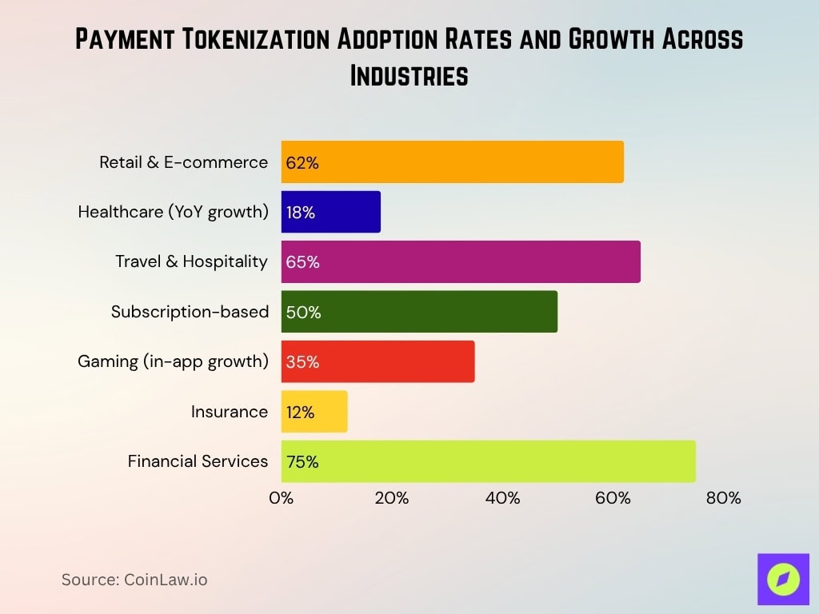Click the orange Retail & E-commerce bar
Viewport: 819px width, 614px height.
[x=452, y=162]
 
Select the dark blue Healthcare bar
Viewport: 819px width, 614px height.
[x=330, y=212]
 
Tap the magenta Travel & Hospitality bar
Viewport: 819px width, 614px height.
[x=460, y=261]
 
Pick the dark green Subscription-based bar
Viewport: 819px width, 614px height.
[x=419, y=312]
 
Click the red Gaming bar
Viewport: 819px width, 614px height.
[x=378, y=361]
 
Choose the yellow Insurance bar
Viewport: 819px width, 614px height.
[x=314, y=412]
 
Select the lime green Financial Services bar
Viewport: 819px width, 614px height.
[x=488, y=461]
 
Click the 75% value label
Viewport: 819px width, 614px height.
[x=302, y=462]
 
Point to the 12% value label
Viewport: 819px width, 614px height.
[x=300, y=413]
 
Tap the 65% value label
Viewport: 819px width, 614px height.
[x=302, y=262]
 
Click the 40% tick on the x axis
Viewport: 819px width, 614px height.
[x=502, y=498]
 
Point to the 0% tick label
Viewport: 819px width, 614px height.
[x=281, y=498]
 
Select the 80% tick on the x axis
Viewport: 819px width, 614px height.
[x=724, y=498]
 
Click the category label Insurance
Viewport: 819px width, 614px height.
[x=229, y=412]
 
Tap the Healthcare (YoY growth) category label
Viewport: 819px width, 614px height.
[x=173, y=212]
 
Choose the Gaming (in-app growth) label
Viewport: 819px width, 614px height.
[x=173, y=361]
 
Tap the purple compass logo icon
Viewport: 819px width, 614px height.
[x=783, y=579]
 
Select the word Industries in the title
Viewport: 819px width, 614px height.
[x=409, y=75]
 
